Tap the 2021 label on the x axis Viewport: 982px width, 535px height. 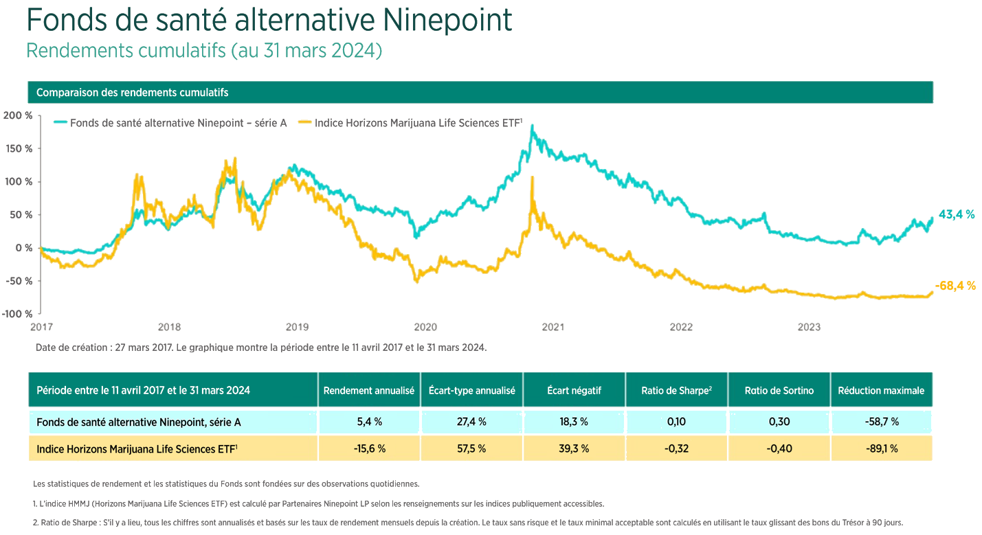553,327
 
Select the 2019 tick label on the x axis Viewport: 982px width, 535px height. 297,327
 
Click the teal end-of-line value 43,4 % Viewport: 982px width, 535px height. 957,214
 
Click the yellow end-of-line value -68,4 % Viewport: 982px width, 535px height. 955,286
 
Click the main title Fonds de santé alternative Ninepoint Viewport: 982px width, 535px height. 269,21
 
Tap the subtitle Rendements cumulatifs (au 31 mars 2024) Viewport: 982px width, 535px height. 203,52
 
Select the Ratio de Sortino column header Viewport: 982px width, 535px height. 779,390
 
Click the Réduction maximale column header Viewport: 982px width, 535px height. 881,390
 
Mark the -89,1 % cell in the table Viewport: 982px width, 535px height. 881,448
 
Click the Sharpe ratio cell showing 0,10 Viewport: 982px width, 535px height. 676,422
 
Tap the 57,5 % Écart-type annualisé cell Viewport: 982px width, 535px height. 471,448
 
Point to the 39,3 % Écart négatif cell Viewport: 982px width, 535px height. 573,448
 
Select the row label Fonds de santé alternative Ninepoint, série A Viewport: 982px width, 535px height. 138,422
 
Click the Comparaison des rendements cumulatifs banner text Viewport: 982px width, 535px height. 132,92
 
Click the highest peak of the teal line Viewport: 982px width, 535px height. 532,126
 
